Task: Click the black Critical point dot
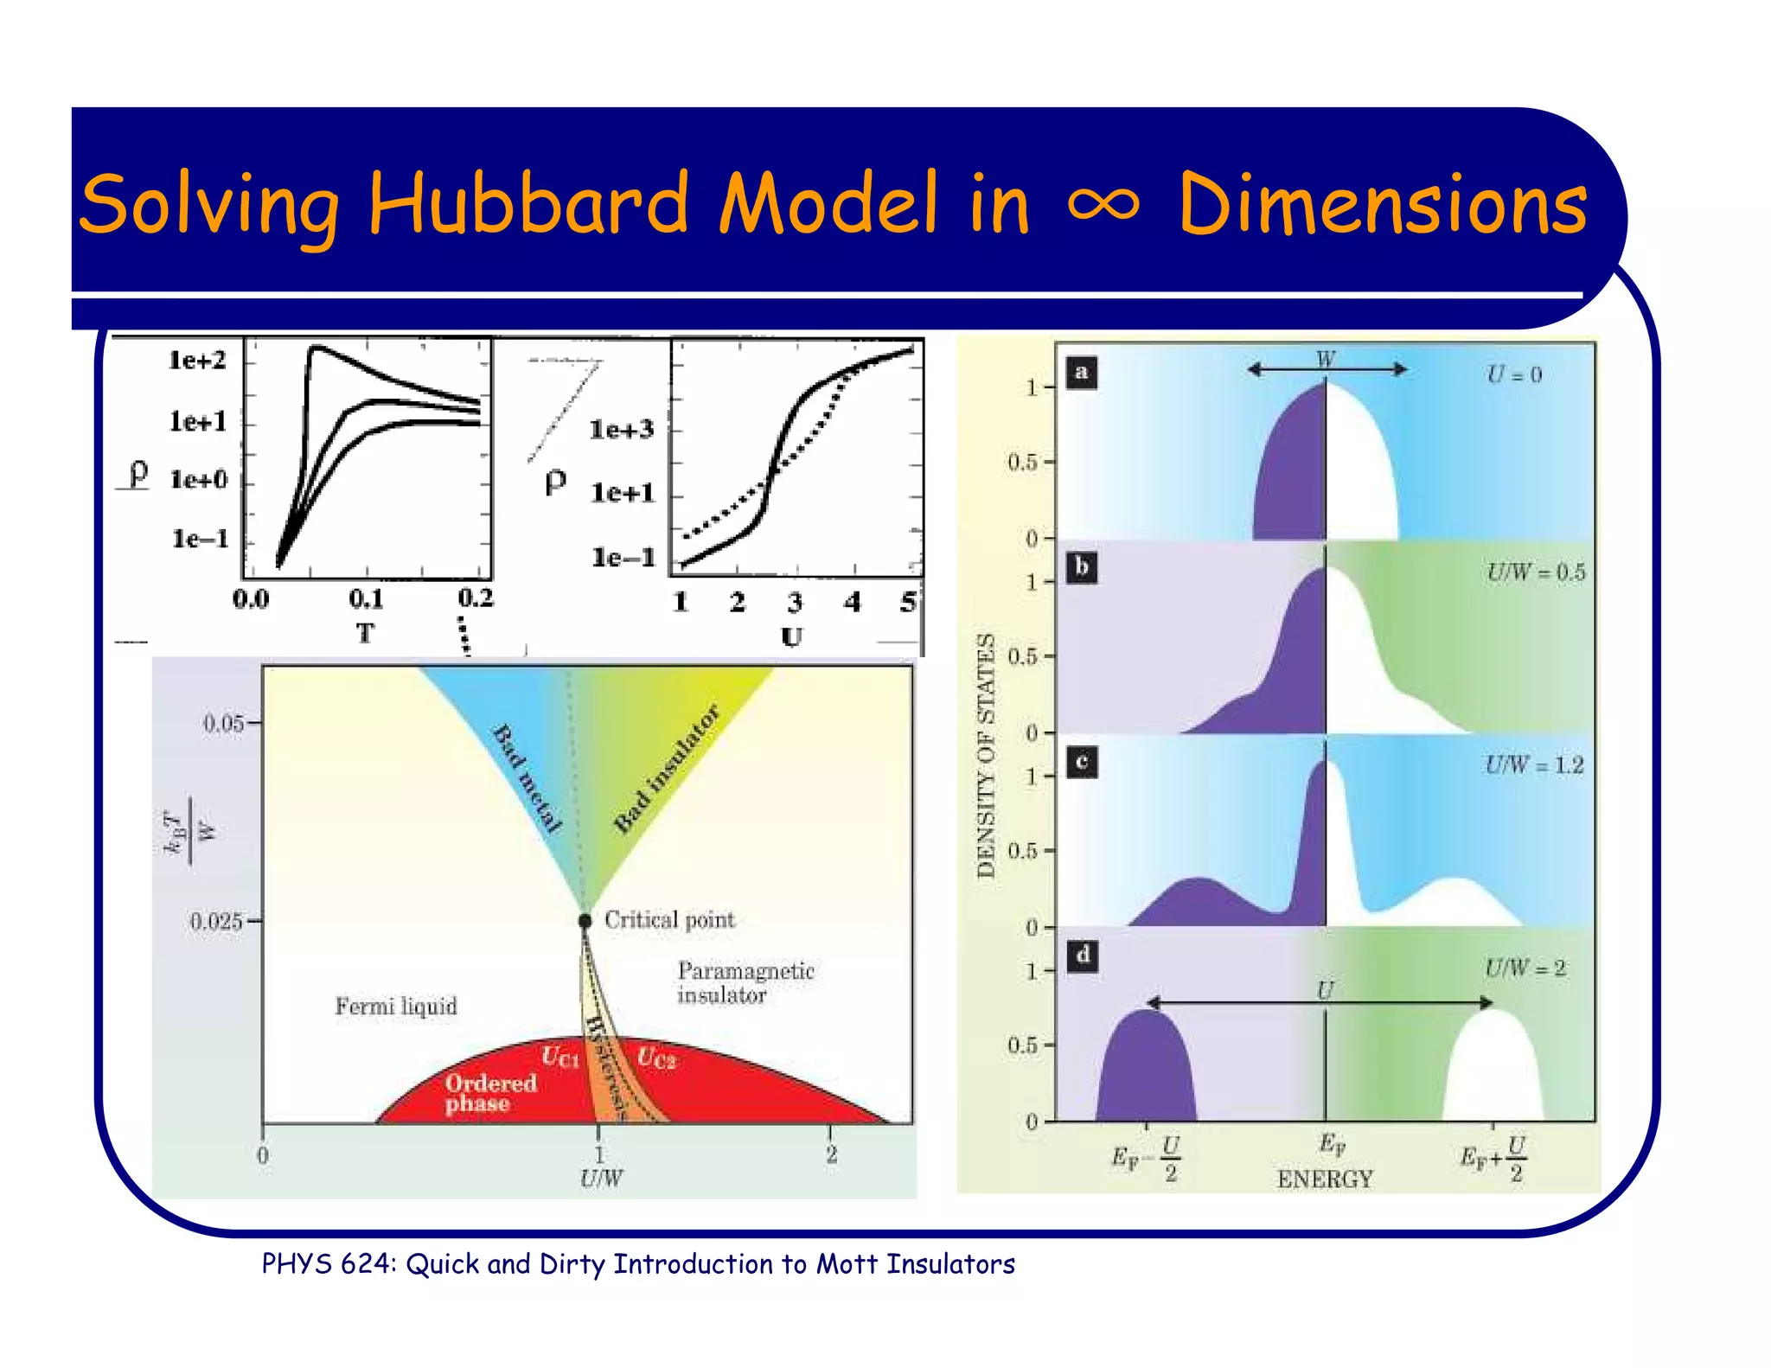585,921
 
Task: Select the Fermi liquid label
396,1007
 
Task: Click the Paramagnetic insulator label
745,983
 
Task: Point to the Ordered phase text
490,1093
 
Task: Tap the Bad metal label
527,779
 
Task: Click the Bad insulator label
666,770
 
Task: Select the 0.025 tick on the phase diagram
216,922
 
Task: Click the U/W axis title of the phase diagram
601,1178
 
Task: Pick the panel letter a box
1081,373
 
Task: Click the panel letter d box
1082,956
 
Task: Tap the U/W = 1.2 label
1534,765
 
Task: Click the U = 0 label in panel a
1513,374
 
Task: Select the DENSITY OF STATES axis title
986,756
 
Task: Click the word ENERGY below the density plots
1325,1179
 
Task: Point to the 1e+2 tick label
197,360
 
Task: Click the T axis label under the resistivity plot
365,634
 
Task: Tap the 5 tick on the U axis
907,602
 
